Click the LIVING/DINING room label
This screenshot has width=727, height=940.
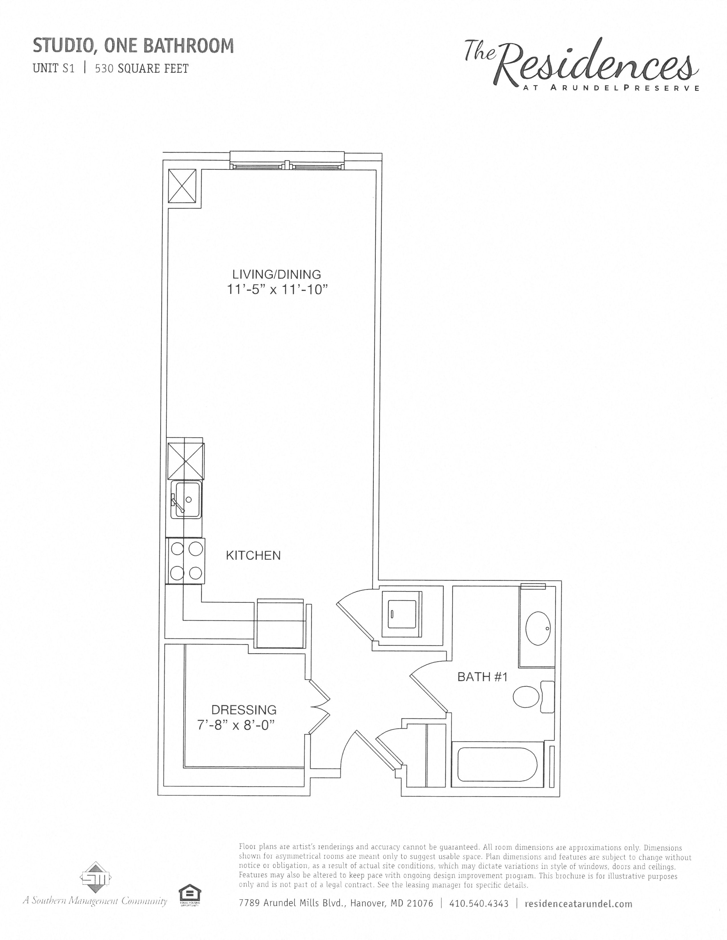pos(277,274)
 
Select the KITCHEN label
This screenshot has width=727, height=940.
pos(253,556)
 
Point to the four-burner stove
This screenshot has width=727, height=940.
pos(186,561)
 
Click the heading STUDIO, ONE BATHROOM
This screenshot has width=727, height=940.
pos(133,46)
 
